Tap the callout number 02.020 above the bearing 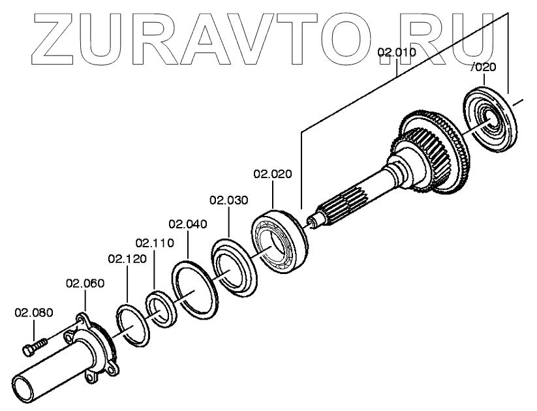point(273,174)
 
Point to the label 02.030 point(228,200)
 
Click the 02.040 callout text point(187,224)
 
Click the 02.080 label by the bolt point(34,312)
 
